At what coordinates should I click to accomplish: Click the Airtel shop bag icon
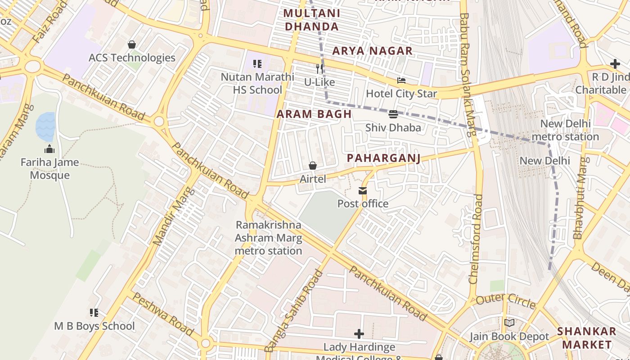tap(313, 166)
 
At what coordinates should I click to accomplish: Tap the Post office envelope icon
tap(363, 191)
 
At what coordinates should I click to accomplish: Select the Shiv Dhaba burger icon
tap(393, 114)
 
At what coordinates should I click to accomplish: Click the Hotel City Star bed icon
tap(401, 81)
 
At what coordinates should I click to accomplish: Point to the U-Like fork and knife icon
tap(319, 69)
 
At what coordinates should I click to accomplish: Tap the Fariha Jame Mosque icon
tap(49, 149)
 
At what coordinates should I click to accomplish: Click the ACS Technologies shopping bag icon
tap(132, 45)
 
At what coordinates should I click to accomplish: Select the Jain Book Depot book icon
tap(509, 323)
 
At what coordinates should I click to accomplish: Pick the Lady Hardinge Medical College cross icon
tap(359, 334)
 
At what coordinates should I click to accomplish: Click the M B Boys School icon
tap(94, 313)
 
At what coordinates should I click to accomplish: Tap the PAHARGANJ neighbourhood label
tap(384, 158)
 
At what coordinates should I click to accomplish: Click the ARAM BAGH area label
tap(314, 114)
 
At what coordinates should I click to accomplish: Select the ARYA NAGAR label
tap(372, 51)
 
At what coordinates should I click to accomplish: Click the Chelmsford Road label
tap(476, 238)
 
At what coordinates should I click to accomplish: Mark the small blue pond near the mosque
tap(45, 126)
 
